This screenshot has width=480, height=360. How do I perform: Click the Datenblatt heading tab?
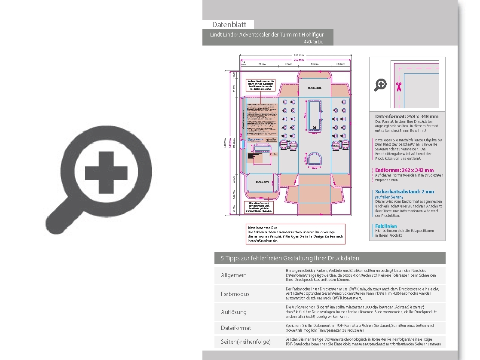pyautogui.click(x=229, y=24)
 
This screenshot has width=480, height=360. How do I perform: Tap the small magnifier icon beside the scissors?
pyautogui.click(x=380, y=85)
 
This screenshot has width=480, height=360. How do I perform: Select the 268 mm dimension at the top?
pyautogui.click(x=298, y=55)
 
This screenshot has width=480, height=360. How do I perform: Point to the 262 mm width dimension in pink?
pyautogui.click(x=298, y=60)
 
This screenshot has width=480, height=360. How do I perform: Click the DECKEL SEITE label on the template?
pyautogui.click(x=315, y=88)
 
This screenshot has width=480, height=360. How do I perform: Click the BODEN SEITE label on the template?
pyautogui.click(x=262, y=182)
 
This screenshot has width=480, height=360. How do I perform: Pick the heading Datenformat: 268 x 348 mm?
pyautogui.click(x=407, y=116)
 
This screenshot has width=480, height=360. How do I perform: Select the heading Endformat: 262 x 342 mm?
pyautogui.click(x=404, y=170)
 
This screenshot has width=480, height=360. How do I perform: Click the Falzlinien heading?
pyautogui.click(x=386, y=226)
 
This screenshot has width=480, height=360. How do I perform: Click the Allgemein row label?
pyautogui.click(x=234, y=275)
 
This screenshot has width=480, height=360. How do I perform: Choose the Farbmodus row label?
pyautogui.click(x=235, y=294)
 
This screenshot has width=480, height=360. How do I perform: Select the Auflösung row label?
pyautogui.click(x=234, y=312)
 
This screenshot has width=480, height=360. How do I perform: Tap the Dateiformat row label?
pyautogui.click(x=236, y=328)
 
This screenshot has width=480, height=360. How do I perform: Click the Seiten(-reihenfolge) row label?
pyautogui.click(x=246, y=342)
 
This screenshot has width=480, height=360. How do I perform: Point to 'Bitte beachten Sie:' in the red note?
pyautogui.click(x=263, y=227)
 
